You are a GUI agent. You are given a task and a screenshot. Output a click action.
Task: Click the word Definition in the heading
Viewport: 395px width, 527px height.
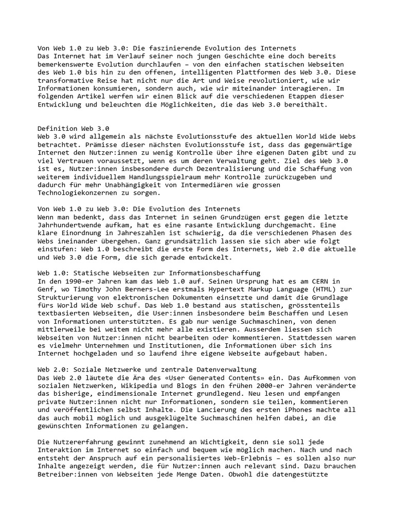[x=59, y=129]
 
